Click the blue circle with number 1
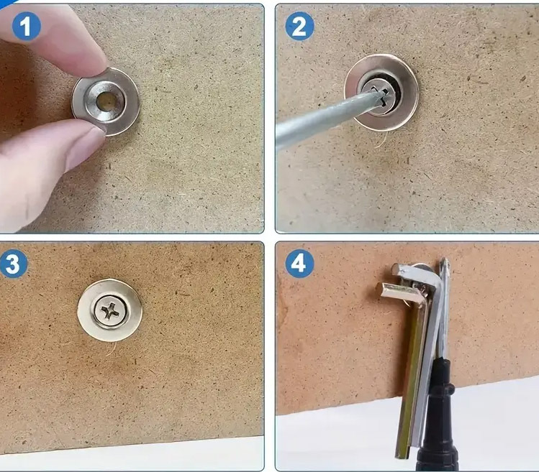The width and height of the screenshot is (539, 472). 26,26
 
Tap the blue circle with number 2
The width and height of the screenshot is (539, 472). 299,26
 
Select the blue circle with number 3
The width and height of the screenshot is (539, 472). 13,264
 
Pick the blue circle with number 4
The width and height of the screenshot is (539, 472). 299,264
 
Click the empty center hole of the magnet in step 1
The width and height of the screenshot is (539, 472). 106,101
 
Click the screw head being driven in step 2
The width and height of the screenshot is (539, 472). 381,96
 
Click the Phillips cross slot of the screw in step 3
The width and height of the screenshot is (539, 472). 110,310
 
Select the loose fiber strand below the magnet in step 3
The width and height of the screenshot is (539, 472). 111,348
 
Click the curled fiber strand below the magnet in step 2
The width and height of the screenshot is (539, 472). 381,140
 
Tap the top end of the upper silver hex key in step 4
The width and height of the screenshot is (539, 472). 397,269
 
